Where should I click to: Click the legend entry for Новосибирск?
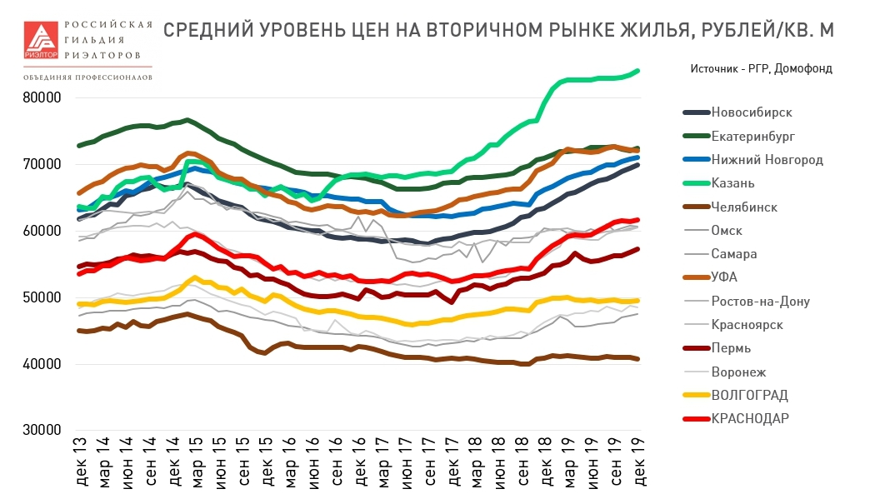(751, 112)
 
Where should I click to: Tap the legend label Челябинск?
(743, 207)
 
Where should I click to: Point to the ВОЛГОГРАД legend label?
(749, 395)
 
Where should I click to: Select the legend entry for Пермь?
(731, 348)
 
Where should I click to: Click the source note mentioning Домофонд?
(761, 68)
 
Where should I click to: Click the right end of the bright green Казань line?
(638, 71)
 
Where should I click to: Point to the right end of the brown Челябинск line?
(638, 359)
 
